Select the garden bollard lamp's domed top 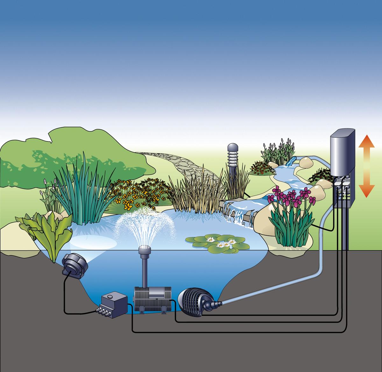pos(233,148)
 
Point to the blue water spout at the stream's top pos(290,161)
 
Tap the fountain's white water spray pos(145,223)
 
